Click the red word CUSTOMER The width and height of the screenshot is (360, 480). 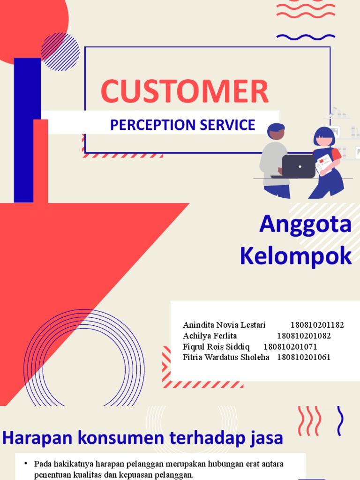coord(185,92)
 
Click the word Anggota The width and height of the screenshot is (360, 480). coord(305,224)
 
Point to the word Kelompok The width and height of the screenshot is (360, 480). coord(295,256)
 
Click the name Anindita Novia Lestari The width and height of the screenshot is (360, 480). coord(224,325)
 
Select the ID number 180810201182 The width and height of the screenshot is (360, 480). coord(317,325)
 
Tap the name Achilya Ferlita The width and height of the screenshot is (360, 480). coord(210,336)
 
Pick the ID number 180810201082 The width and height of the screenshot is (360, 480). coord(304,336)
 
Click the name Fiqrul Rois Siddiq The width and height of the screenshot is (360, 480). coord(216,346)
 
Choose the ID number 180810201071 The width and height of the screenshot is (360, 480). coord(290,346)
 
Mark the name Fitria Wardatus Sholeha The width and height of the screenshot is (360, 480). coord(226,357)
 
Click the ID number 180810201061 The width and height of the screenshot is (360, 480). coord(304,357)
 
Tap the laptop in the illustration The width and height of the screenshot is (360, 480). coord(299,166)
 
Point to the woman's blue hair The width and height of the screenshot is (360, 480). coord(324,134)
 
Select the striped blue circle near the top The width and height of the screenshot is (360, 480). coord(60,52)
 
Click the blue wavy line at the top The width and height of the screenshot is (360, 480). coord(306,37)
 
